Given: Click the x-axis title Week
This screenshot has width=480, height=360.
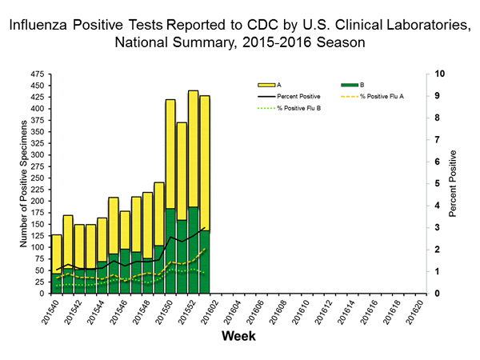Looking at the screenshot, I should pos(238,335).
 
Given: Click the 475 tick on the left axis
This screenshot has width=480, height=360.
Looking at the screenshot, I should pos(37,74).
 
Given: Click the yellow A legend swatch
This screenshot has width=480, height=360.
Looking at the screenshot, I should pos(266,84).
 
